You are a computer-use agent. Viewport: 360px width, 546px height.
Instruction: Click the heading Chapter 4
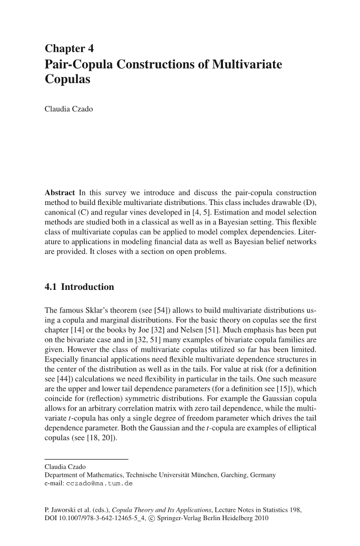70,49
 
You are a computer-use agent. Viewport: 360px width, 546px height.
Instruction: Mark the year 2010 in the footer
261,519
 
